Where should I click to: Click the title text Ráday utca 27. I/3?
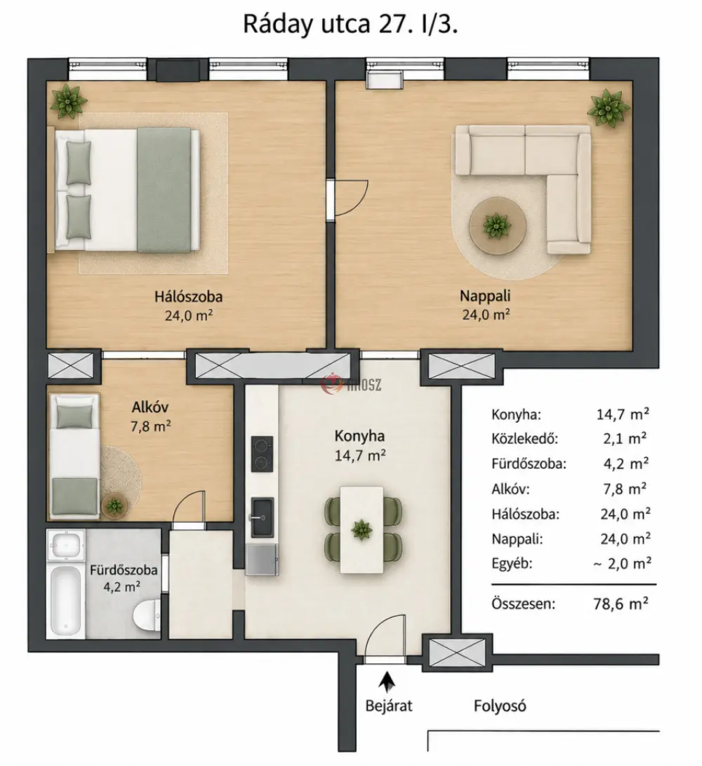(x=350, y=24)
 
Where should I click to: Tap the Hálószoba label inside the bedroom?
(x=189, y=296)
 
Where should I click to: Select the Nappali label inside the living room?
(x=485, y=296)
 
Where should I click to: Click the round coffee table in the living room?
(x=497, y=225)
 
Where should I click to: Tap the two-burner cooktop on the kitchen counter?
(x=262, y=454)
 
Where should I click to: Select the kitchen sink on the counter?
(x=263, y=517)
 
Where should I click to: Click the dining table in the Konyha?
(x=362, y=529)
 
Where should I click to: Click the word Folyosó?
(x=500, y=706)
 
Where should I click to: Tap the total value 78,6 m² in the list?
(x=621, y=604)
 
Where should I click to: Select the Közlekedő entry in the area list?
(x=524, y=438)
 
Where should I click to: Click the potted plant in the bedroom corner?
(x=69, y=100)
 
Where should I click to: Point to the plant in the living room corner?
(x=609, y=108)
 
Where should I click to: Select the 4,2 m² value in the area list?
(x=625, y=463)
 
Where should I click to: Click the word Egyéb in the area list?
(x=512, y=564)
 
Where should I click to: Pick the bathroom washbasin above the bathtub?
(x=66, y=546)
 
